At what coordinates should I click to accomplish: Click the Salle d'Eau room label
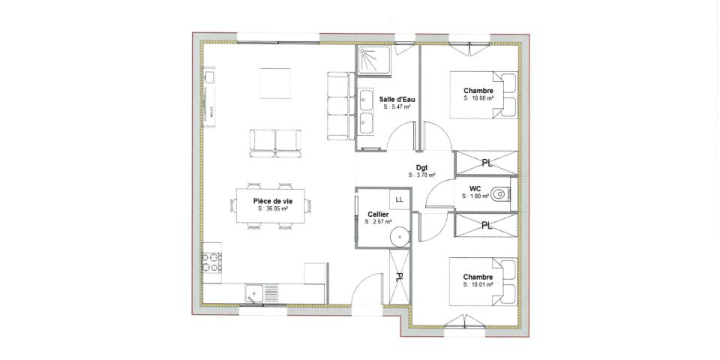point(397,99)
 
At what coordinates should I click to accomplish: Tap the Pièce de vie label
point(273,201)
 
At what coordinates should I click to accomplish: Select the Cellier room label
point(378,214)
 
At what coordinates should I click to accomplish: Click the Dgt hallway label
point(421,168)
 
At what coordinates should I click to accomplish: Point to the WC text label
point(475,188)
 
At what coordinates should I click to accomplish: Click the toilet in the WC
point(502,193)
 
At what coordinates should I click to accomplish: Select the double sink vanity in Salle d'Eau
point(367,110)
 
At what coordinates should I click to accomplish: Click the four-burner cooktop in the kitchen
point(211,263)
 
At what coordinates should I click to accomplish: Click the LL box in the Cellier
point(399,199)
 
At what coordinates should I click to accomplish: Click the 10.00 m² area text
point(478,98)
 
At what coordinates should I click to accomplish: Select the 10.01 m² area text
point(478,285)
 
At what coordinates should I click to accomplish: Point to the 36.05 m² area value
point(273,209)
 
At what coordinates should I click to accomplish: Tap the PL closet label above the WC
point(487,163)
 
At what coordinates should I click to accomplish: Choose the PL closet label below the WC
point(487,225)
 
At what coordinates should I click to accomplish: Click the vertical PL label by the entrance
point(400,277)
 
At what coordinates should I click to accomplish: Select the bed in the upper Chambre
point(483,95)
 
